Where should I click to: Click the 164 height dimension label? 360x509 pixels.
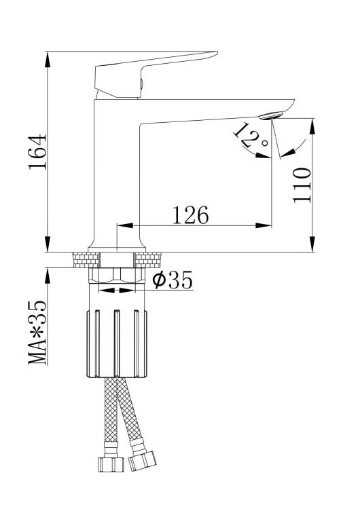(37, 151)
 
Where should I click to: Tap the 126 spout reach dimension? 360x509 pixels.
(190, 215)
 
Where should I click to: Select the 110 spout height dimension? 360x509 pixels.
(302, 185)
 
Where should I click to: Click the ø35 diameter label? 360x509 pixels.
(173, 280)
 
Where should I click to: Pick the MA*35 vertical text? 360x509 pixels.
(37, 333)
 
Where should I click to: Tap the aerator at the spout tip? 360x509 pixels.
(271, 115)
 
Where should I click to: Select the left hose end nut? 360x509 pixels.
(111, 464)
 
